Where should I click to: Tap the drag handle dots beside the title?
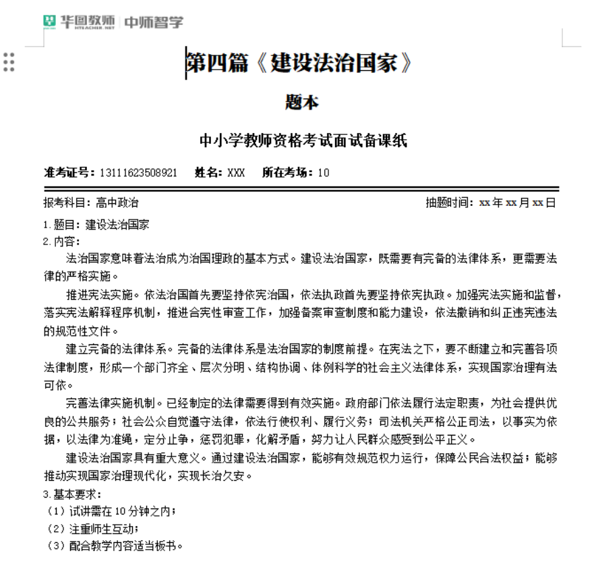coord(9,62)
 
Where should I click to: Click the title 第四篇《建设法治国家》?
coord(298,63)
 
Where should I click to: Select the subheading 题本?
coord(301,103)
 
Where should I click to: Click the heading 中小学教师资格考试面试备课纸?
coord(303,141)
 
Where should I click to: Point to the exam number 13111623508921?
coord(138,172)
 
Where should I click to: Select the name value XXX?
coord(236,172)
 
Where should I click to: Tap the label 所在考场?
coord(288,172)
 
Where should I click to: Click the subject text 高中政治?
coord(117,203)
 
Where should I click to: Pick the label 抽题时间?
coord(450,203)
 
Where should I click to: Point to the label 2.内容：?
coord(61,241)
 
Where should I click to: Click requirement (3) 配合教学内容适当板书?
coord(115,545)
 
